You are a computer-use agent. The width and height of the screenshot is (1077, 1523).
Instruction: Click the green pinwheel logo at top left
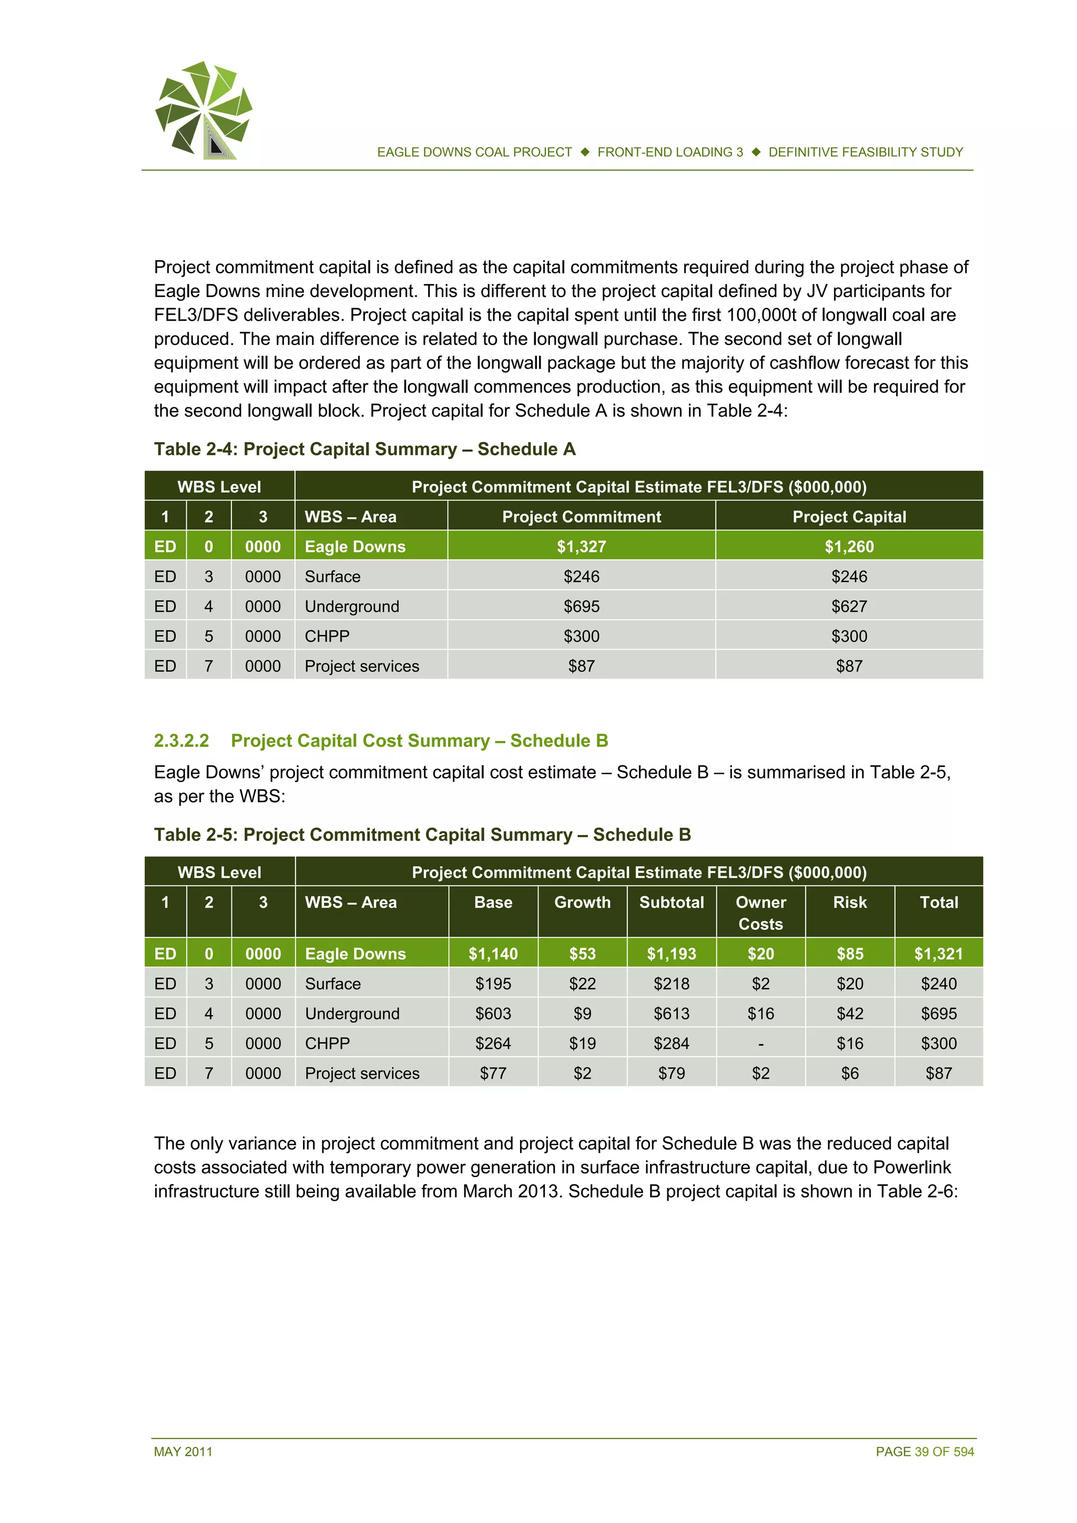[204, 109]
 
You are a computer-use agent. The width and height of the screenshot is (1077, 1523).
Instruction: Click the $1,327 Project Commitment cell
[581, 547]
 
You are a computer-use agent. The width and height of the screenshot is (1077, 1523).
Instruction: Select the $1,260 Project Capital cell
[849, 547]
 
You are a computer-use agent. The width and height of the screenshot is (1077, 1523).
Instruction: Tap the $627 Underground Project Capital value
[849, 606]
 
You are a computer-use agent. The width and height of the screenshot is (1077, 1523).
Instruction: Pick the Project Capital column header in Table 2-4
[849, 517]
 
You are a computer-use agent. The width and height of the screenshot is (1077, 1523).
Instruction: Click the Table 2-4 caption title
[364, 449]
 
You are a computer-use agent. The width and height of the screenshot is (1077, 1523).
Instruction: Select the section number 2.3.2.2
[181, 740]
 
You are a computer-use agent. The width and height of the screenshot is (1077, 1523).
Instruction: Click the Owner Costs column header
[760, 913]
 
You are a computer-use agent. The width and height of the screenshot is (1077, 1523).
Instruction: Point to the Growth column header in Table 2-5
[582, 902]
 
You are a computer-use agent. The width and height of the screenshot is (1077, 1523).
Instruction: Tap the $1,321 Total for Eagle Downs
[938, 954]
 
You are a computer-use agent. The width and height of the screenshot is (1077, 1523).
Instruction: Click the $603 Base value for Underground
[493, 1014]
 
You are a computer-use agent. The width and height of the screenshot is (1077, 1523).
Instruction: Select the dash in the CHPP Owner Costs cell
[760, 1044]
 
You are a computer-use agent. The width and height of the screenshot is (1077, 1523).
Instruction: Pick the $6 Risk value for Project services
[849, 1074]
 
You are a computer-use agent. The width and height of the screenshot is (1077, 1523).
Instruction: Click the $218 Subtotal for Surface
[671, 984]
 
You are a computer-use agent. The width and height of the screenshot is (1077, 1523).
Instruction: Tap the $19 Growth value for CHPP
[582, 1044]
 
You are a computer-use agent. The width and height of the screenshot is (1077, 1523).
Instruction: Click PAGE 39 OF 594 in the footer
[924, 1452]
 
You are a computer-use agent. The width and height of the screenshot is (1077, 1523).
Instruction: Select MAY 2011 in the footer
[183, 1452]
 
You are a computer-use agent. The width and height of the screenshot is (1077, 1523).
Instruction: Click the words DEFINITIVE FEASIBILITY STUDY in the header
[865, 152]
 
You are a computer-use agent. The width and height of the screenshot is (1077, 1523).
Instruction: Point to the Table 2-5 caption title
[422, 834]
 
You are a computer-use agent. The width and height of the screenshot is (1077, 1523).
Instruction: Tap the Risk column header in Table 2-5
[849, 902]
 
